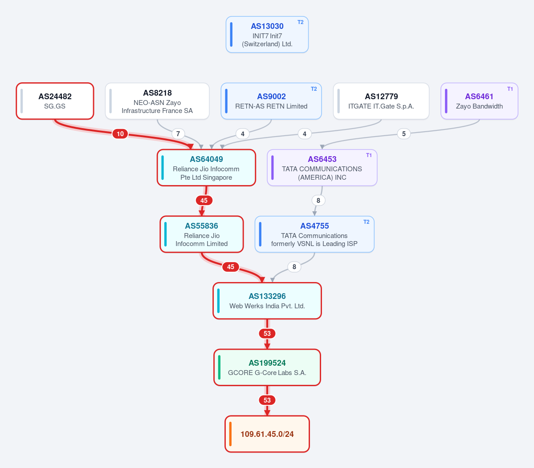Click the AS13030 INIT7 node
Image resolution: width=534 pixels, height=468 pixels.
(x=267, y=34)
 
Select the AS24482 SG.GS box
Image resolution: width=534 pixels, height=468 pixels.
(x=55, y=101)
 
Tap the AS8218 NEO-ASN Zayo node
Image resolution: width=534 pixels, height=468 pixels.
(x=157, y=101)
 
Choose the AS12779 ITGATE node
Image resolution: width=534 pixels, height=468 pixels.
(x=381, y=101)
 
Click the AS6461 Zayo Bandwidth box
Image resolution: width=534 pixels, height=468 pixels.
(x=479, y=101)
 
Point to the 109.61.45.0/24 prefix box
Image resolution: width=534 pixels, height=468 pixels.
(x=267, y=434)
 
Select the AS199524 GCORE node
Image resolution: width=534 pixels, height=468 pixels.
(x=267, y=367)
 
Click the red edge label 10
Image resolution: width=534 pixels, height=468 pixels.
(x=120, y=133)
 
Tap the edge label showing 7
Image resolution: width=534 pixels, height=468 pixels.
(x=178, y=133)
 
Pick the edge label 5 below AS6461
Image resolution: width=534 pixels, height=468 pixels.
(x=404, y=133)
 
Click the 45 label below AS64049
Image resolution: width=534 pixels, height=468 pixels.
(x=204, y=200)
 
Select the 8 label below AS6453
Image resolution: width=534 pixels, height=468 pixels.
(x=318, y=200)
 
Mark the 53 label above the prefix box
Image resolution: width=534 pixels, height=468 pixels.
(x=267, y=400)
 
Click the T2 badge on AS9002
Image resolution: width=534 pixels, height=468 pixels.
(x=314, y=89)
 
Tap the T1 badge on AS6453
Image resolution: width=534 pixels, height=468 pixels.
(x=369, y=155)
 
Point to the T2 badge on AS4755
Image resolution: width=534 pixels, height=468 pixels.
(x=366, y=222)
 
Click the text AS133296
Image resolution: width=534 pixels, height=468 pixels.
(x=267, y=296)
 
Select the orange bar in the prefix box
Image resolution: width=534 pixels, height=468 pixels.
(x=231, y=434)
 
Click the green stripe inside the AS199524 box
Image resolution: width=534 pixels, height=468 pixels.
(x=219, y=367)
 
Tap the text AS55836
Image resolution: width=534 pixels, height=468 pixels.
(x=201, y=226)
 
